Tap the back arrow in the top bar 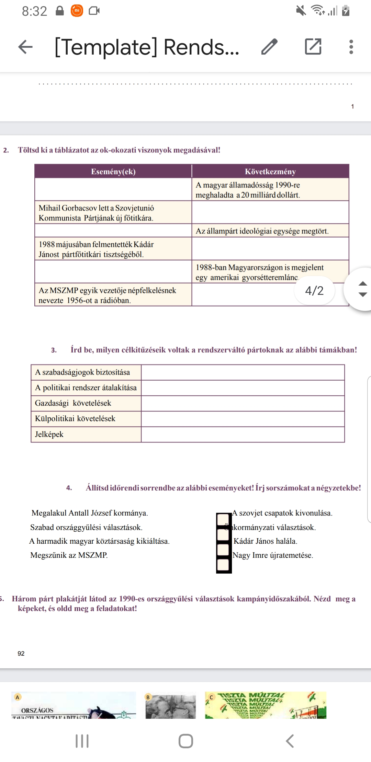click(x=25, y=47)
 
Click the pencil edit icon click(x=269, y=47)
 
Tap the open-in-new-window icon click(x=313, y=47)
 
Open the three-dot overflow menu click(x=351, y=47)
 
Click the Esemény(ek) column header click(x=113, y=172)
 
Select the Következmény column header click(x=270, y=172)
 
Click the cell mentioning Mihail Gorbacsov click(x=113, y=213)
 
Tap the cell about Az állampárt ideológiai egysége click(x=270, y=231)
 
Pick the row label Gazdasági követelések click(x=86, y=403)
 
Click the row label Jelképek click(x=86, y=435)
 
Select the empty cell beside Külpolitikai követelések click(x=243, y=419)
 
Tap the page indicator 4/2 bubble click(x=314, y=291)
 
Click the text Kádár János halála click(x=265, y=541)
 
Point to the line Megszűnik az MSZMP click(x=69, y=555)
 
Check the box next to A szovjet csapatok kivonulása click(x=223, y=519)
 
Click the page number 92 click(x=21, y=654)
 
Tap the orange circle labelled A click(x=18, y=697)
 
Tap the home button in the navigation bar click(x=185, y=741)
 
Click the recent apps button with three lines click(x=82, y=741)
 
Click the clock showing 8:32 click(x=34, y=11)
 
